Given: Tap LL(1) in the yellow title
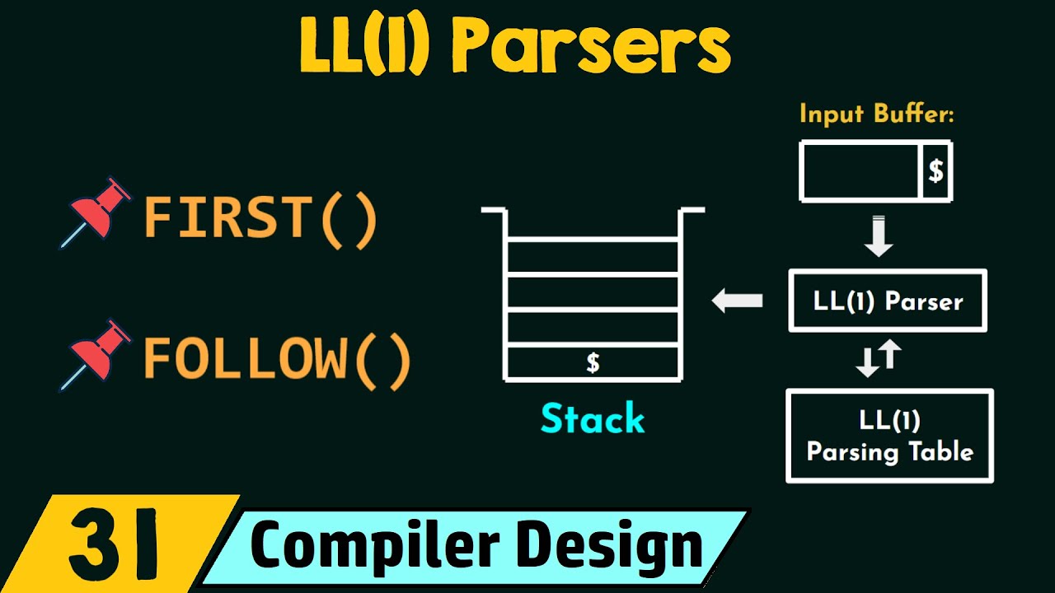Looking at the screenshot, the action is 365,45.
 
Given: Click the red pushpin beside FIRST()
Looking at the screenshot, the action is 96,212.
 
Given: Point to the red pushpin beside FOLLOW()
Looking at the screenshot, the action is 96,355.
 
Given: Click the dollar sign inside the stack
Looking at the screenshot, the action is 593,363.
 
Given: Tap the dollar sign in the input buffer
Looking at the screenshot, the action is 935,170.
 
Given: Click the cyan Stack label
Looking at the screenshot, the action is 593,418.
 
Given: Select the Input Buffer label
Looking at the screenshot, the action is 876,114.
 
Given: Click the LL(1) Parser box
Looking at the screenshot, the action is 888,301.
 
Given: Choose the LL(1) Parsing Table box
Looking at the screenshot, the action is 889,436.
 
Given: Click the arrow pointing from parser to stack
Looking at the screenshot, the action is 737,301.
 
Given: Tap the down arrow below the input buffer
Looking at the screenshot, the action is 879,236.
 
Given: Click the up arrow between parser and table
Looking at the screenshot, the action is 891,354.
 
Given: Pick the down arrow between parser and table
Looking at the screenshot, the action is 867,362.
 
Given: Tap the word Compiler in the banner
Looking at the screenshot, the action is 374,545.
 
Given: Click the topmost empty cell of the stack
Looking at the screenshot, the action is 593,257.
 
